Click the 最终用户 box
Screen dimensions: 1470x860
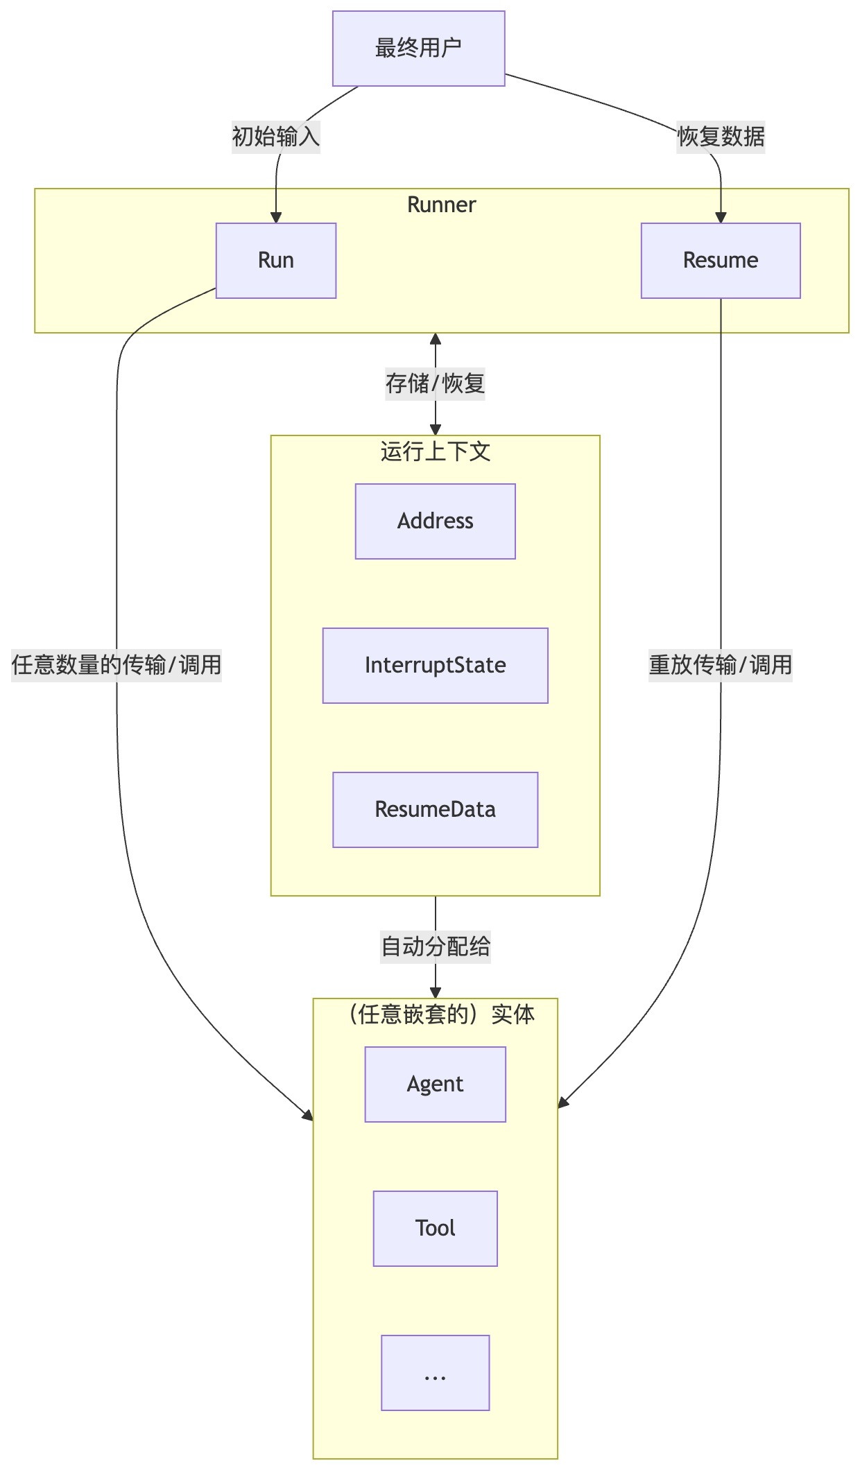pyautogui.click(x=418, y=49)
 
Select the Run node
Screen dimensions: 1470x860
pyautogui.click(x=276, y=261)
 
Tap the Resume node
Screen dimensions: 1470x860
pyautogui.click(x=721, y=261)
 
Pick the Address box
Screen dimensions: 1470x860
pyautogui.click(x=436, y=521)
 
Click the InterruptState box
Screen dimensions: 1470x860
pyautogui.click(x=436, y=666)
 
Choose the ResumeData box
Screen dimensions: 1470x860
pyautogui.click(x=436, y=810)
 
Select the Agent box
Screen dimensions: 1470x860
pyautogui.click(x=436, y=1084)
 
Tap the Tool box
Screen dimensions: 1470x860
pyautogui.click(x=436, y=1229)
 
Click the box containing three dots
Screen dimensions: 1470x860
pyautogui.click(x=436, y=1373)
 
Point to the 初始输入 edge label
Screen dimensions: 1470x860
pyautogui.click(x=276, y=137)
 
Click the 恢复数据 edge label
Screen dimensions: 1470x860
pyautogui.click(x=721, y=137)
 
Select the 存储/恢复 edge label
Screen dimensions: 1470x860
pyautogui.click(x=436, y=383)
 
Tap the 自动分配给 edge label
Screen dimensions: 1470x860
pyautogui.click(x=436, y=946)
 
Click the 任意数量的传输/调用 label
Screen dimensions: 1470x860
pyautogui.click(x=117, y=666)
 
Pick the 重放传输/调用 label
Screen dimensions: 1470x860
pyautogui.click(x=721, y=666)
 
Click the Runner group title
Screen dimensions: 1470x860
pyautogui.click(x=442, y=205)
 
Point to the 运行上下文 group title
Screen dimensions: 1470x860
pyautogui.click(x=436, y=452)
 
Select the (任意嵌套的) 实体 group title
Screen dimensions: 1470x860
pyautogui.click(x=441, y=1015)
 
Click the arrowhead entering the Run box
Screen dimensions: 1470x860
pyautogui.click(x=276, y=218)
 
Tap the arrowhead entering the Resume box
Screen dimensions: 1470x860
pyautogui.click(x=721, y=218)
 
